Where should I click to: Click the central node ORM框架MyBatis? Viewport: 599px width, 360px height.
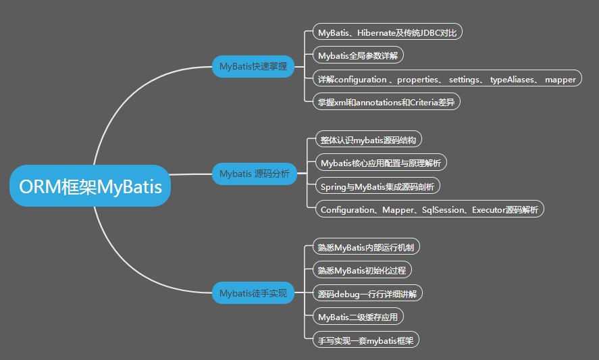point(90,186)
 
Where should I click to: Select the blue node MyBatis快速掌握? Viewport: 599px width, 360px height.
point(253,66)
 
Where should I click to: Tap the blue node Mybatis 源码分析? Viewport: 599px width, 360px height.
point(254,174)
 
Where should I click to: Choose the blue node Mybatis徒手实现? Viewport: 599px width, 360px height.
point(253,293)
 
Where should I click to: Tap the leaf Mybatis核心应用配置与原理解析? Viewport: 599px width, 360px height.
point(381,163)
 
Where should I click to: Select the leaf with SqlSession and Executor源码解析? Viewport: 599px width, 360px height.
point(429,210)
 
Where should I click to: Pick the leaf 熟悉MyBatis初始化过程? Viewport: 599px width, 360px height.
point(363,270)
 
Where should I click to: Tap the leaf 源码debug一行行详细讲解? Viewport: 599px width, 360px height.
point(369,294)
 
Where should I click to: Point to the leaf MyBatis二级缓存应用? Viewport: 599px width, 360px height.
point(361,316)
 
